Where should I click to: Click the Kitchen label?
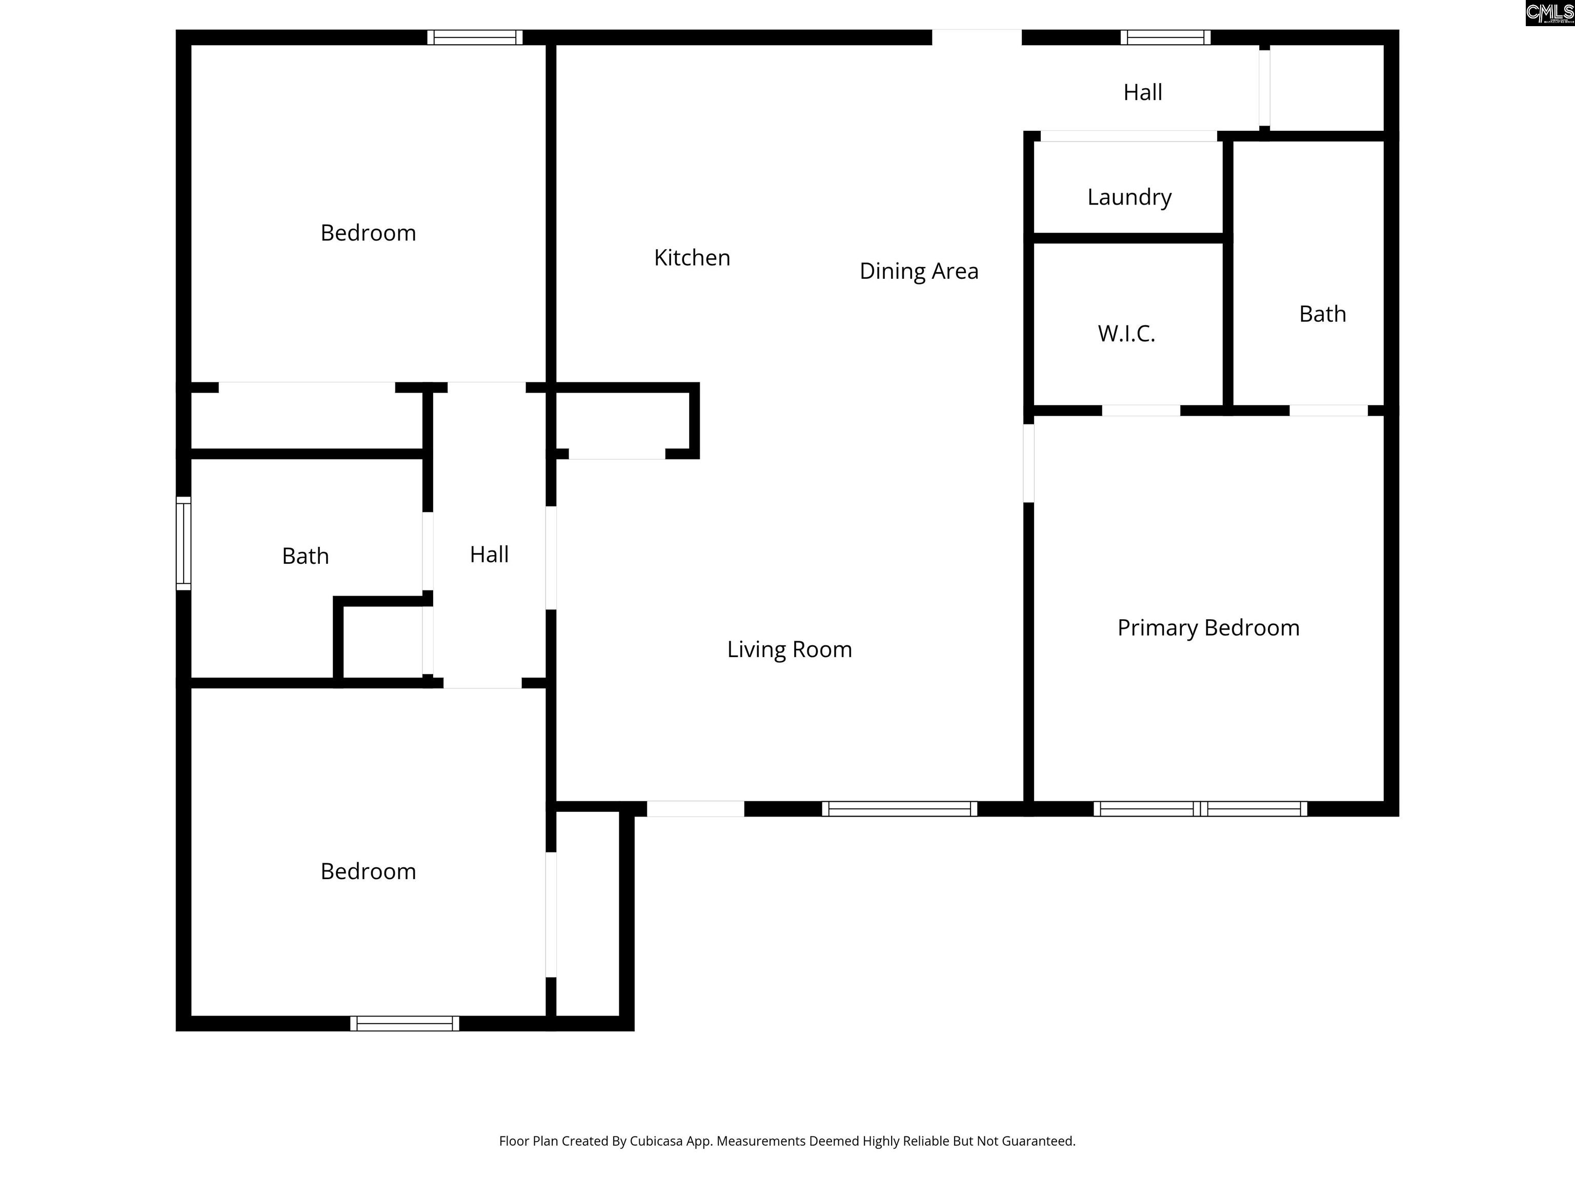click(x=692, y=258)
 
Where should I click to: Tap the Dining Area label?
click(x=919, y=271)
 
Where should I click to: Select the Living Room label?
click(x=789, y=649)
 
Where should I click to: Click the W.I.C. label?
click(x=1126, y=333)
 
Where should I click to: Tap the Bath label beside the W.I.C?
click(x=1322, y=314)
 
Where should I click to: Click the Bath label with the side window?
click(x=306, y=556)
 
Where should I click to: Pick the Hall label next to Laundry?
click(x=1142, y=93)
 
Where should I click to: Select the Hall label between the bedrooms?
click(x=489, y=555)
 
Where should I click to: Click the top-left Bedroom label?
click(x=368, y=233)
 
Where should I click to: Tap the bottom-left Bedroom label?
click(x=368, y=871)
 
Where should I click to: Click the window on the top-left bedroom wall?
click(x=475, y=37)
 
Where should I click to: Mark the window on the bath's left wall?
click(x=184, y=543)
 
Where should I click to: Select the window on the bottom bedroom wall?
click(x=405, y=1023)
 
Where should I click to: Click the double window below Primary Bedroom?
click(x=1200, y=809)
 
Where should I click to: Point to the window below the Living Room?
click(x=899, y=809)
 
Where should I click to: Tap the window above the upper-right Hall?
click(x=1165, y=37)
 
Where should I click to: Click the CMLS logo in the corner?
click(x=1549, y=13)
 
